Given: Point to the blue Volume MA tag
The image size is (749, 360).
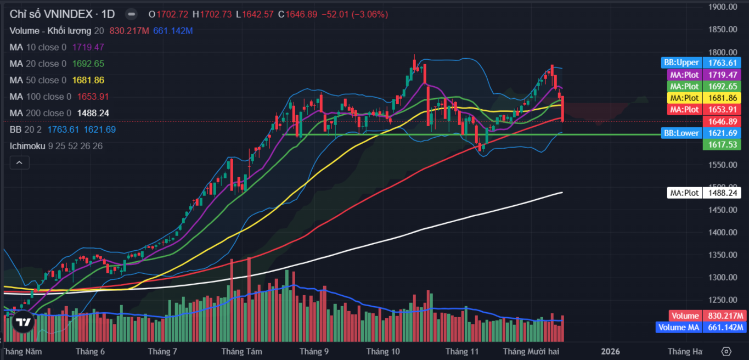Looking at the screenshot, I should click(679, 328).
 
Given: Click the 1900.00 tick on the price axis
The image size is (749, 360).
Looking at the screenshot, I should click(722, 7).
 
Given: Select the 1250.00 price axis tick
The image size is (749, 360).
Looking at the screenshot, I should click(722, 300).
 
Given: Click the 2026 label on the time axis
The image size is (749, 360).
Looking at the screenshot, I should click(610, 351).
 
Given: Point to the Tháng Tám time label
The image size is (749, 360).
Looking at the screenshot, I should click(241, 351).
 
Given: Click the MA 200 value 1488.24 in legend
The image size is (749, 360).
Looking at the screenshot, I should click(93, 113).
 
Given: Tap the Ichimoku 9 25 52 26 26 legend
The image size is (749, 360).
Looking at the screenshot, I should click(56, 146).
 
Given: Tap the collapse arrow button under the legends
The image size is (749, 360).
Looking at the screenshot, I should click(19, 162).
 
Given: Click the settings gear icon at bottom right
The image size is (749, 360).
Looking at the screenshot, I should click(727, 351).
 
